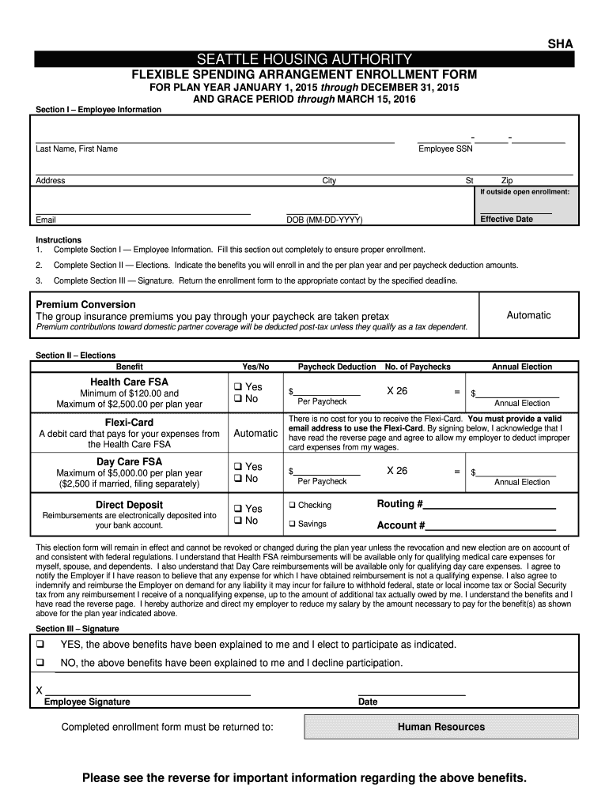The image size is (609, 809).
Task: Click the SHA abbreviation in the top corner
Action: pos(561,45)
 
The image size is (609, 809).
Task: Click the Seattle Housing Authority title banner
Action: pos(304,59)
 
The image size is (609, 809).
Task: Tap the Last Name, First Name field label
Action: pos(77,149)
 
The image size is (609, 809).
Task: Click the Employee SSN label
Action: pos(445,149)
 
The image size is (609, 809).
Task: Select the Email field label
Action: pos(46,220)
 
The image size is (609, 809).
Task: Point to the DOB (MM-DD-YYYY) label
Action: pos(323,220)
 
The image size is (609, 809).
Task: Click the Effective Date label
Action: pos(507,219)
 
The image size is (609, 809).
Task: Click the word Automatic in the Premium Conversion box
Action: pos(528,315)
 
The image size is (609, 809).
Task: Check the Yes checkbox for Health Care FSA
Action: pos(237,387)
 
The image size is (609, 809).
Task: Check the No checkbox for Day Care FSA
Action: pos(237,479)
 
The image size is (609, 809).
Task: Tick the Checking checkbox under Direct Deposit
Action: pos(292,505)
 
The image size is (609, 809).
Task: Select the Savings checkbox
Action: pos(292,524)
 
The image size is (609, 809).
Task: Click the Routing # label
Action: pos(399,504)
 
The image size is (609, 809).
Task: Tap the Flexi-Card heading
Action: pos(130,422)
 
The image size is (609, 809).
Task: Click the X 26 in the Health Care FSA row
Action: pos(396,391)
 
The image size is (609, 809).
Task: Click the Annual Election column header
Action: pos(522,367)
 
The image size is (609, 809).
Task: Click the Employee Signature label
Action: pos(87,702)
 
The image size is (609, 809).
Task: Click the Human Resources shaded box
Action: pos(441,727)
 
